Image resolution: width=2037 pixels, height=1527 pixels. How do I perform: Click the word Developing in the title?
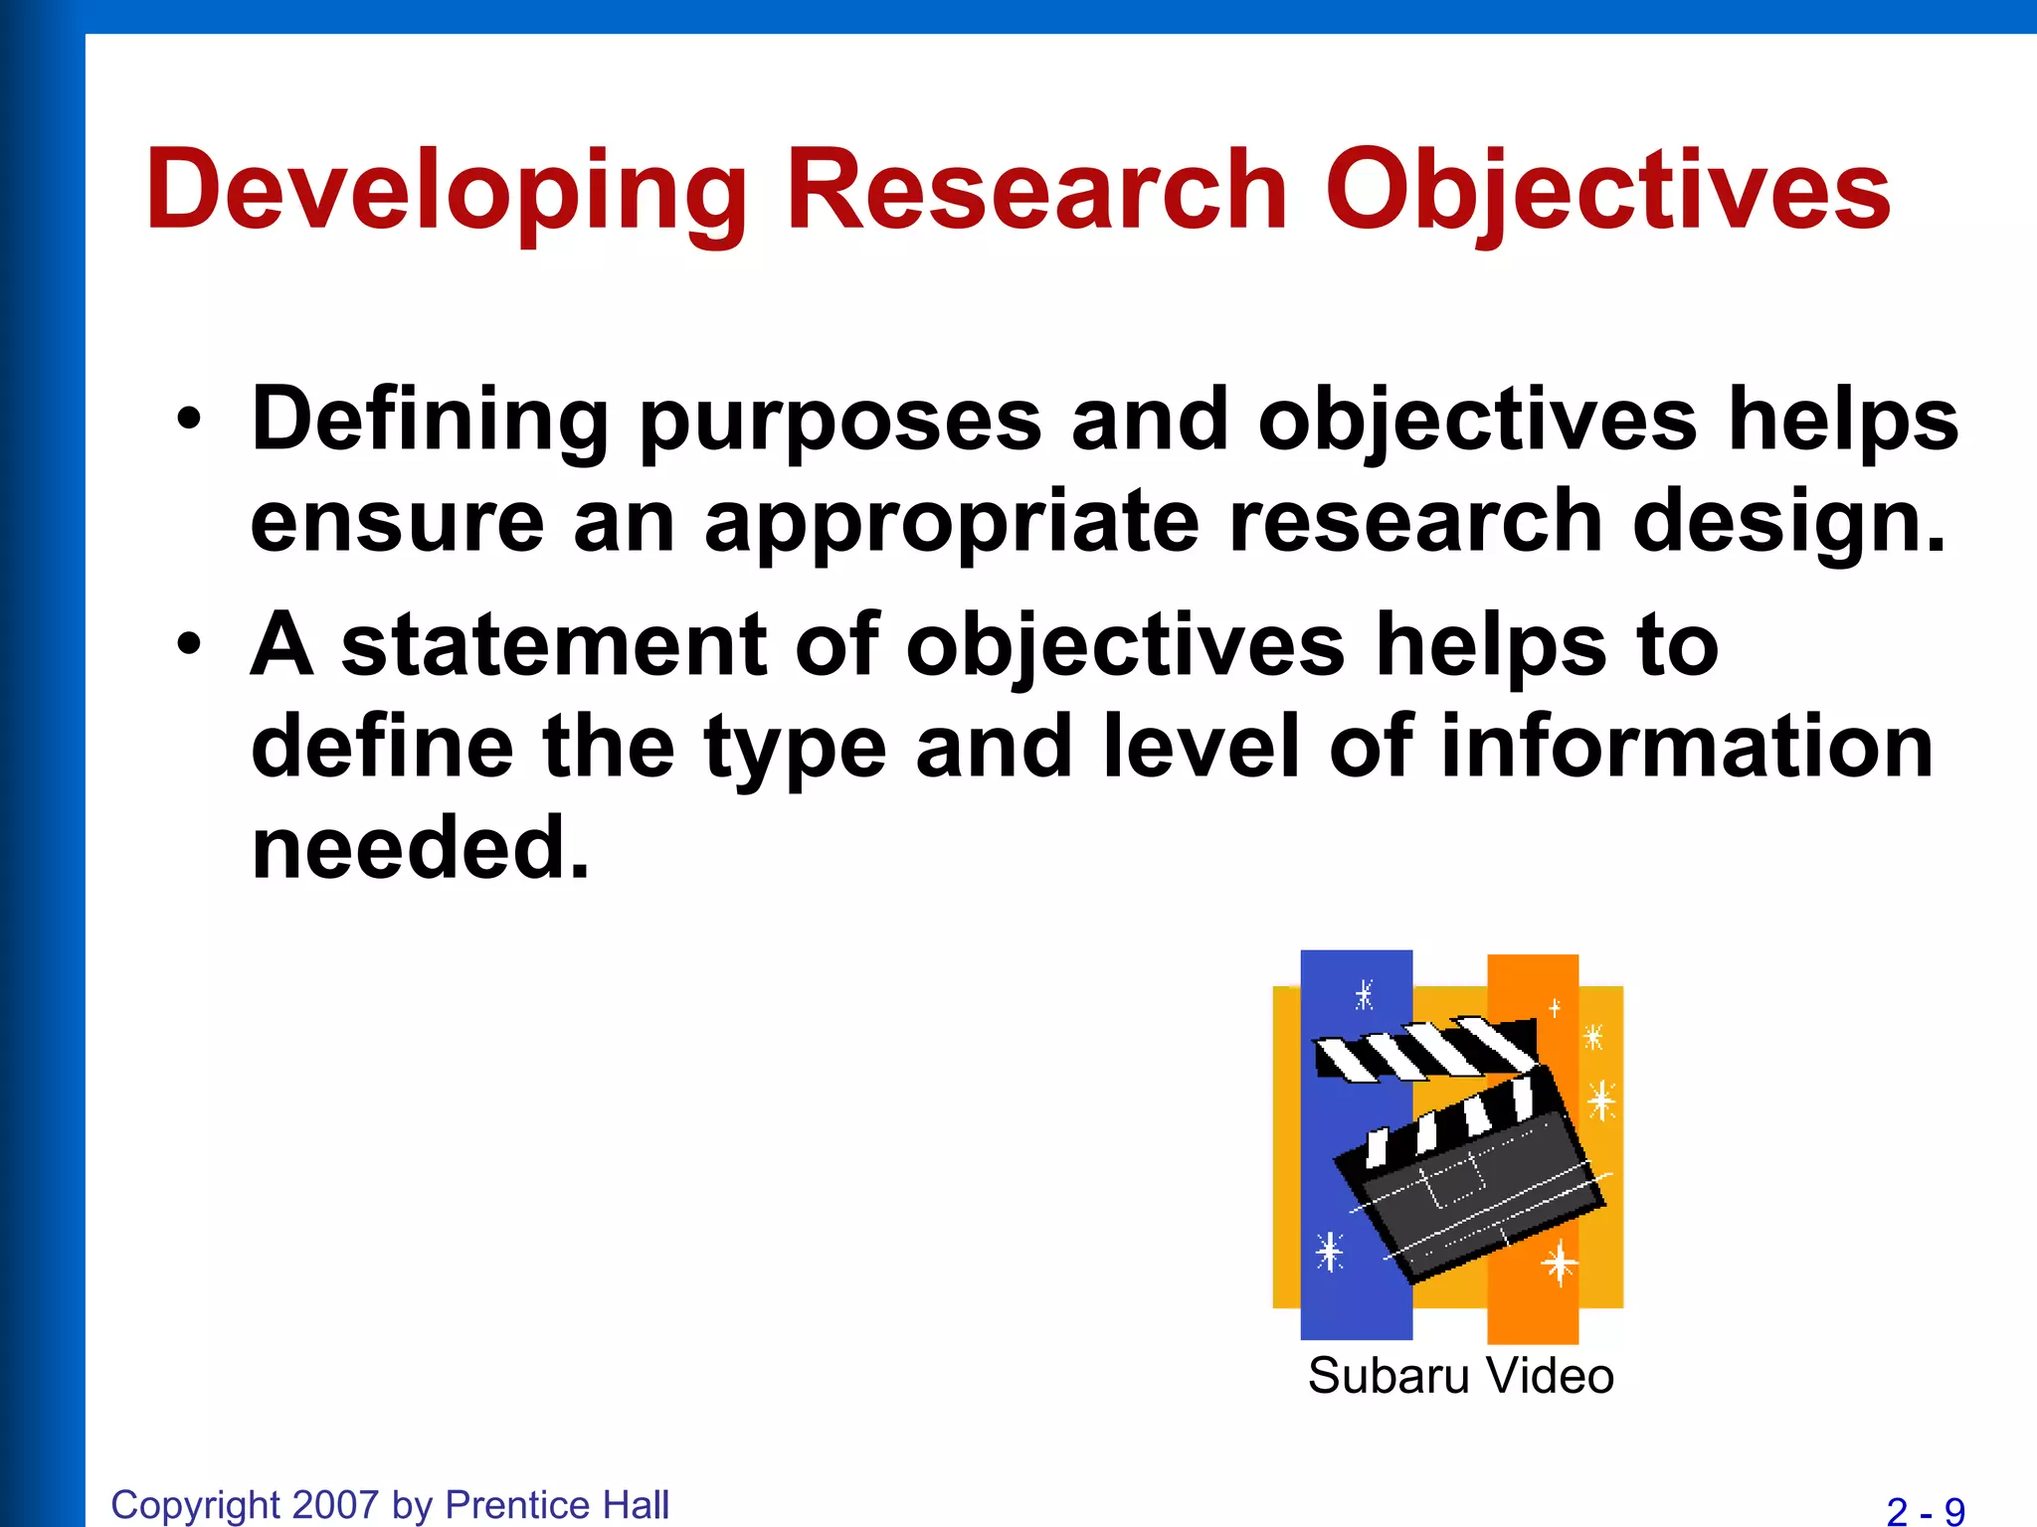pyautogui.click(x=446, y=191)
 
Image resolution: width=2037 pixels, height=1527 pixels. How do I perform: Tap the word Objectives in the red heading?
pyautogui.click(x=1606, y=191)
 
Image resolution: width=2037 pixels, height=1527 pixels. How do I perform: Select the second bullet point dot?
pyautogui.click(x=188, y=645)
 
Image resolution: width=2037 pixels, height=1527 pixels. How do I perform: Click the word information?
pyautogui.click(x=1686, y=747)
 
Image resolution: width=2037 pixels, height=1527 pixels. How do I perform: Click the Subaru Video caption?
pyautogui.click(x=1459, y=1377)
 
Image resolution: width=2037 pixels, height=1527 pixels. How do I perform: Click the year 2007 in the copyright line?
pyautogui.click(x=336, y=1505)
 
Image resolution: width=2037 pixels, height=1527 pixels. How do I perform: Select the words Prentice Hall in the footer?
pyautogui.click(x=557, y=1505)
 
